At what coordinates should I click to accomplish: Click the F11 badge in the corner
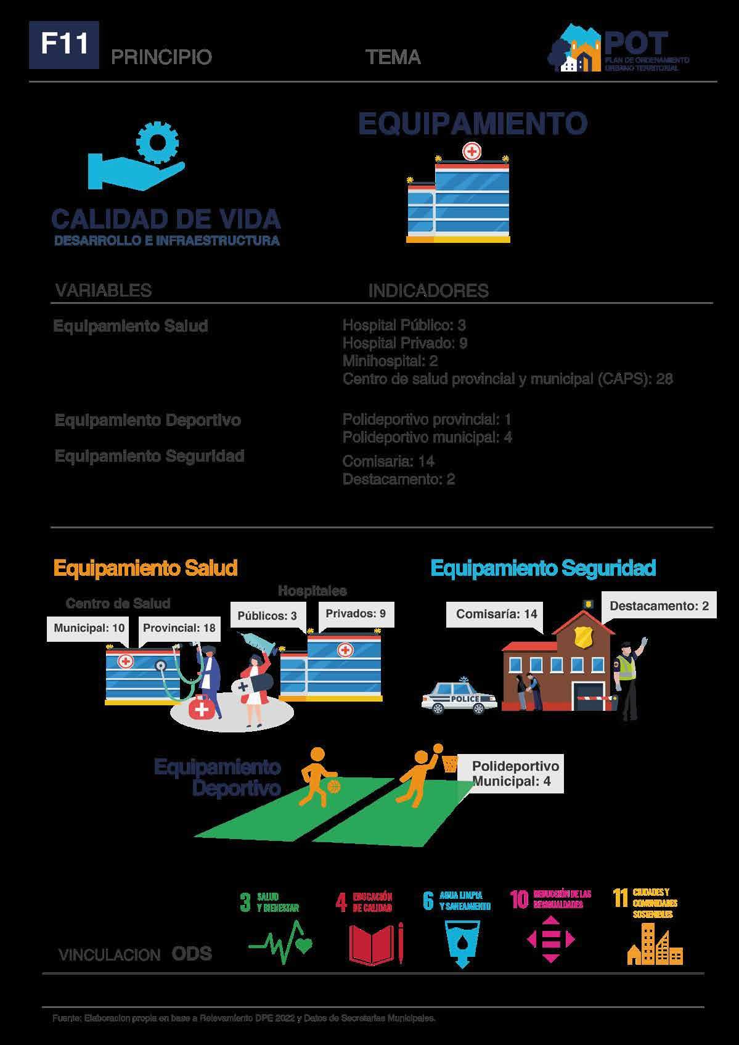(63, 45)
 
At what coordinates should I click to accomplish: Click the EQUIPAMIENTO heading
(473, 123)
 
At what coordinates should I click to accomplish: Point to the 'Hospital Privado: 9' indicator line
(404, 343)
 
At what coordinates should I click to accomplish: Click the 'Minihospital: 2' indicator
(390, 361)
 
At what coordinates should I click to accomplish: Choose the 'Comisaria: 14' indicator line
(388, 461)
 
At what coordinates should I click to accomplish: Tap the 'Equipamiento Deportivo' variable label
(148, 420)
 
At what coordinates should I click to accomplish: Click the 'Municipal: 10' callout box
(89, 628)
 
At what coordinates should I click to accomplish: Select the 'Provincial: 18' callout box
(179, 628)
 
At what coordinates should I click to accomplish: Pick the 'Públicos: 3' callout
(267, 616)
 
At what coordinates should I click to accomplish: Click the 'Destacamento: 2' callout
(659, 606)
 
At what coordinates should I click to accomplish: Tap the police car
(460, 698)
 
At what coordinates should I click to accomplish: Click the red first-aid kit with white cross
(201, 709)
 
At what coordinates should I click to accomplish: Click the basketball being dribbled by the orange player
(334, 787)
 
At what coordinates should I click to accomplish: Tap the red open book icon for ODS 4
(372, 943)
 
